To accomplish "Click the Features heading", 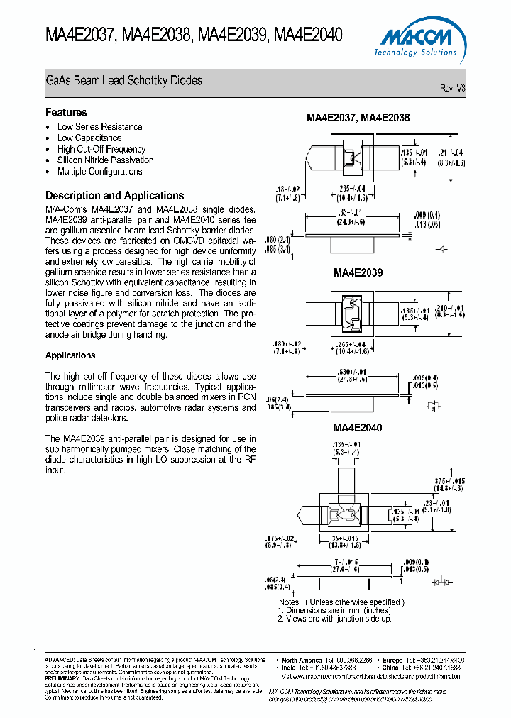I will pos(66,112).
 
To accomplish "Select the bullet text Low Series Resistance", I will pos(99,127).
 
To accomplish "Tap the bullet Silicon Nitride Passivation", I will pos(105,160).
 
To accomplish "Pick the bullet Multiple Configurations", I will pos(99,172).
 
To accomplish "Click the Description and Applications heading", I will pos(114,196).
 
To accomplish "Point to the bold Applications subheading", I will pos(70,355).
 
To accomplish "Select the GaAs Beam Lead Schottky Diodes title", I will pos(123,81).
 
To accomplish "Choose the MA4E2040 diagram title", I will pos(358,428).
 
